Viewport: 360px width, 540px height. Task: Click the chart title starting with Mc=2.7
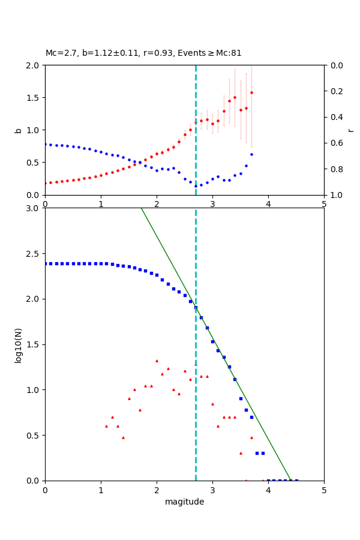pyautogui.click(x=143, y=53)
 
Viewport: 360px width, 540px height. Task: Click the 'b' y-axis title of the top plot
pyautogui.click(x=18, y=130)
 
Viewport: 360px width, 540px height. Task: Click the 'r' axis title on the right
pyautogui.click(x=350, y=130)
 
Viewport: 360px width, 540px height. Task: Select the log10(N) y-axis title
pyautogui.click(x=18, y=344)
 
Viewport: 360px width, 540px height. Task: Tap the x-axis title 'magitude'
pyautogui.click(x=184, y=502)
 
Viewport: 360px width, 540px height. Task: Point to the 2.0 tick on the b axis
pyautogui.click(x=35, y=65)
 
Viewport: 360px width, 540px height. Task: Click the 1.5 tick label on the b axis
pyautogui.click(x=35, y=97)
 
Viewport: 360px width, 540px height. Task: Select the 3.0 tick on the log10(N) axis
pyautogui.click(x=35, y=208)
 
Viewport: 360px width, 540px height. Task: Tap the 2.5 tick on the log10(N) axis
pyautogui.click(x=35, y=254)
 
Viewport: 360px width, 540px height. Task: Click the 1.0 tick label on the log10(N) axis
pyautogui.click(x=35, y=390)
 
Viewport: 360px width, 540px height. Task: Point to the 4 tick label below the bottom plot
pyautogui.click(x=268, y=490)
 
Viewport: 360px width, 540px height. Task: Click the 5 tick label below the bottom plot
pyautogui.click(x=324, y=490)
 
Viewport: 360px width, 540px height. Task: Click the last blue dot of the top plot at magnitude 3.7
pyautogui.click(x=251, y=154)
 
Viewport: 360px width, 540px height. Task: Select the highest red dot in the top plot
pyautogui.click(x=251, y=92)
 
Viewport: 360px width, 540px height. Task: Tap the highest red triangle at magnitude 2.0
pyautogui.click(x=157, y=361)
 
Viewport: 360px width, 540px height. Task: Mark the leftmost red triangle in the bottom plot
pyautogui.click(x=106, y=426)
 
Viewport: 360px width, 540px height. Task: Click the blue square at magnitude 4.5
pyautogui.click(x=296, y=480)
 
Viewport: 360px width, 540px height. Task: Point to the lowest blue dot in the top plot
pyautogui.click(x=196, y=186)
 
